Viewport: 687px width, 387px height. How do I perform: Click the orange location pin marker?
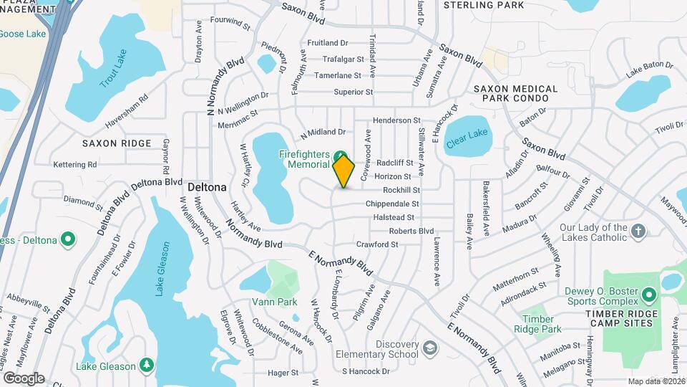pyautogui.click(x=344, y=171)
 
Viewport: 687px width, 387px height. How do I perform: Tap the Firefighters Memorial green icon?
pyautogui.click(x=339, y=156)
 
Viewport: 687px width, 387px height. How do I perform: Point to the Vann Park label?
pyautogui.click(x=274, y=302)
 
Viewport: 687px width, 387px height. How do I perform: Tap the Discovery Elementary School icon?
pyautogui.click(x=429, y=349)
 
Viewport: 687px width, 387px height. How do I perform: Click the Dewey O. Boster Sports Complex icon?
pyautogui.click(x=649, y=295)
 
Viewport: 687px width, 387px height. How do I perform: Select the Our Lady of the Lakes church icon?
pyautogui.click(x=638, y=230)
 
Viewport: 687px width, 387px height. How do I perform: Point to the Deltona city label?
pyautogui.click(x=207, y=187)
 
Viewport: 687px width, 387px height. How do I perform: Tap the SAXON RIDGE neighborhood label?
pyautogui.click(x=117, y=143)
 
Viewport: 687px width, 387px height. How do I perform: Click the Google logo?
pyautogui.click(x=23, y=378)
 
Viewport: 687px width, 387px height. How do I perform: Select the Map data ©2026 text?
pyautogui.click(x=656, y=381)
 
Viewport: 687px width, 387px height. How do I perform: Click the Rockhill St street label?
pyautogui.click(x=401, y=190)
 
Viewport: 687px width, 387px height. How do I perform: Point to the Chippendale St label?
pyautogui.click(x=391, y=204)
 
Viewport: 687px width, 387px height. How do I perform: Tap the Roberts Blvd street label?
pyautogui.click(x=411, y=231)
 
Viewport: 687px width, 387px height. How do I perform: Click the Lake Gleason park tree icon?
pyautogui.click(x=146, y=366)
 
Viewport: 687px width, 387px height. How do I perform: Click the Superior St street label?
pyautogui.click(x=354, y=92)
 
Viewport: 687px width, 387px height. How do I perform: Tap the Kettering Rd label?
pyautogui.click(x=74, y=165)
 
